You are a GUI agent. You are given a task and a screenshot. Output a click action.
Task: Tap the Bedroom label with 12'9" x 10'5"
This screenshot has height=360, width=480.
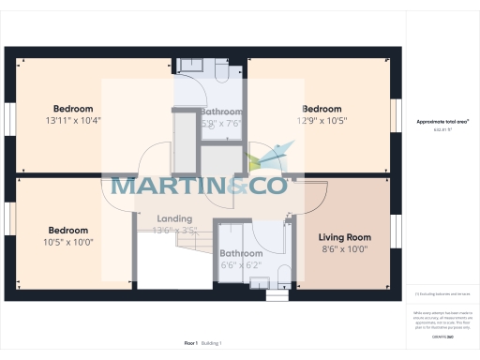point(322,109)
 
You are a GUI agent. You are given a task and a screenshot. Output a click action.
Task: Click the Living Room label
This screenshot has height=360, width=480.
point(344,237)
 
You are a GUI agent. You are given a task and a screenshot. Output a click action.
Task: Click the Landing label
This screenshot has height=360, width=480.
point(174,219)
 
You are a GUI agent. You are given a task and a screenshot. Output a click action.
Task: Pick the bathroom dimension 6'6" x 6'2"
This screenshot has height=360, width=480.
point(241,265)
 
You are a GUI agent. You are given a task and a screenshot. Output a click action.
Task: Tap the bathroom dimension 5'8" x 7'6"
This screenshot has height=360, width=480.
point(222,123)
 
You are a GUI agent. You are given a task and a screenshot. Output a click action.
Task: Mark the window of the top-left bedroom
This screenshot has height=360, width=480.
point(9,115)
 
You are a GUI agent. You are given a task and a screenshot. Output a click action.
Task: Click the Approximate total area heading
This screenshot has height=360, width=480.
point(442,122)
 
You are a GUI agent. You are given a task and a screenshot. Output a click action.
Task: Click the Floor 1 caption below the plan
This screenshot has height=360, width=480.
point(190,344)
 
